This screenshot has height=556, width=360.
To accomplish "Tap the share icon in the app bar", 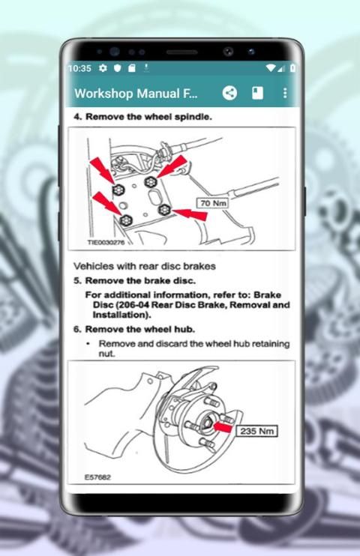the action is (x=229, y=93).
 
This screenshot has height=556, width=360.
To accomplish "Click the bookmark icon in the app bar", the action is (x=257, y=93).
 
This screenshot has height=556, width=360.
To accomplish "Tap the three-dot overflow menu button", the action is (x=285, y=93).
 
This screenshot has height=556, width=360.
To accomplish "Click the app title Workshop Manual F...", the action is (x=136, y=94).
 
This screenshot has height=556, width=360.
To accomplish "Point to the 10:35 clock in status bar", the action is (x=79, y=68).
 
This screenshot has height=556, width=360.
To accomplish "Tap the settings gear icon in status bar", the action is (x=103, y=67).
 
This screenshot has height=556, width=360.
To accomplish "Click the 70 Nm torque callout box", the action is (x=212, y=203).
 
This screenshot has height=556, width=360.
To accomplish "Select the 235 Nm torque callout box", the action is (x=256, y=431).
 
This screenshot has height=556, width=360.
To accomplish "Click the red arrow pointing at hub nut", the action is (x=223, y=426).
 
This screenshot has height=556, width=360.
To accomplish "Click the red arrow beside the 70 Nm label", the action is (x=189, y=214).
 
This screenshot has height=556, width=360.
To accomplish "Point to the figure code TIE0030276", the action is (x=106, y=243).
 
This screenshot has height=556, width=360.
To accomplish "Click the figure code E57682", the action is (x=97, y=477).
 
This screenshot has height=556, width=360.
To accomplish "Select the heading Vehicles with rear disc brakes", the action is (x=145, y=266).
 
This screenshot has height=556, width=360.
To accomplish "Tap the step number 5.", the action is (x=77, y=281).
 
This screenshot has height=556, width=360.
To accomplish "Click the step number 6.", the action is (x=77, y=330).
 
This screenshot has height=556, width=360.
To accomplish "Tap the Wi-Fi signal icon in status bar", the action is (x=271, y=67).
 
